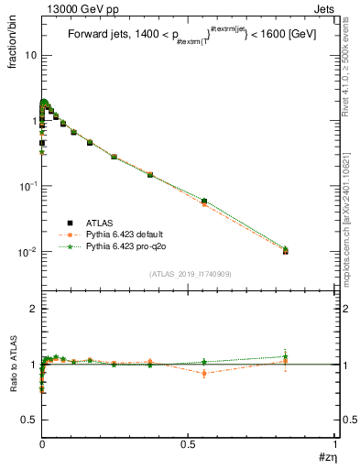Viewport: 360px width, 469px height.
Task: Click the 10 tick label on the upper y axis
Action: pyautogui.click(x=29, y=55)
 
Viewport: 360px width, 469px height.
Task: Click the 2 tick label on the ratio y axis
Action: pyautogui.click(x=31, y=309)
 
